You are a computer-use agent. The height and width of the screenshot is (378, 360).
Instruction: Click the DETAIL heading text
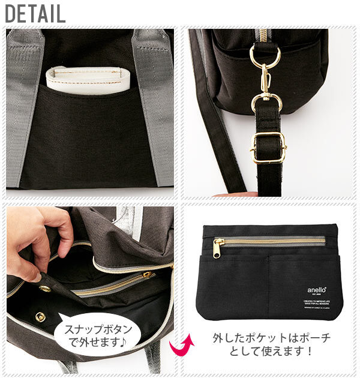[35, 14]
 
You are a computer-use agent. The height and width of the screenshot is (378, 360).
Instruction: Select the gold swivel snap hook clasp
[265, 90]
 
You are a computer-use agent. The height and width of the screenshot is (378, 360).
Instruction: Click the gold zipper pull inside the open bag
[146, 275]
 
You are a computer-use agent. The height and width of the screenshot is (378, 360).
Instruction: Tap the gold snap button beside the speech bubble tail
[41, 316]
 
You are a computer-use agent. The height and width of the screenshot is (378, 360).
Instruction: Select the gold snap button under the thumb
[44, 289]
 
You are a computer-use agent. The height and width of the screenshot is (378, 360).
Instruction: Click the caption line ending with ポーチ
[271, 338]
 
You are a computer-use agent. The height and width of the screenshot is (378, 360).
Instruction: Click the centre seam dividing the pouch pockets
[269, 282]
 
